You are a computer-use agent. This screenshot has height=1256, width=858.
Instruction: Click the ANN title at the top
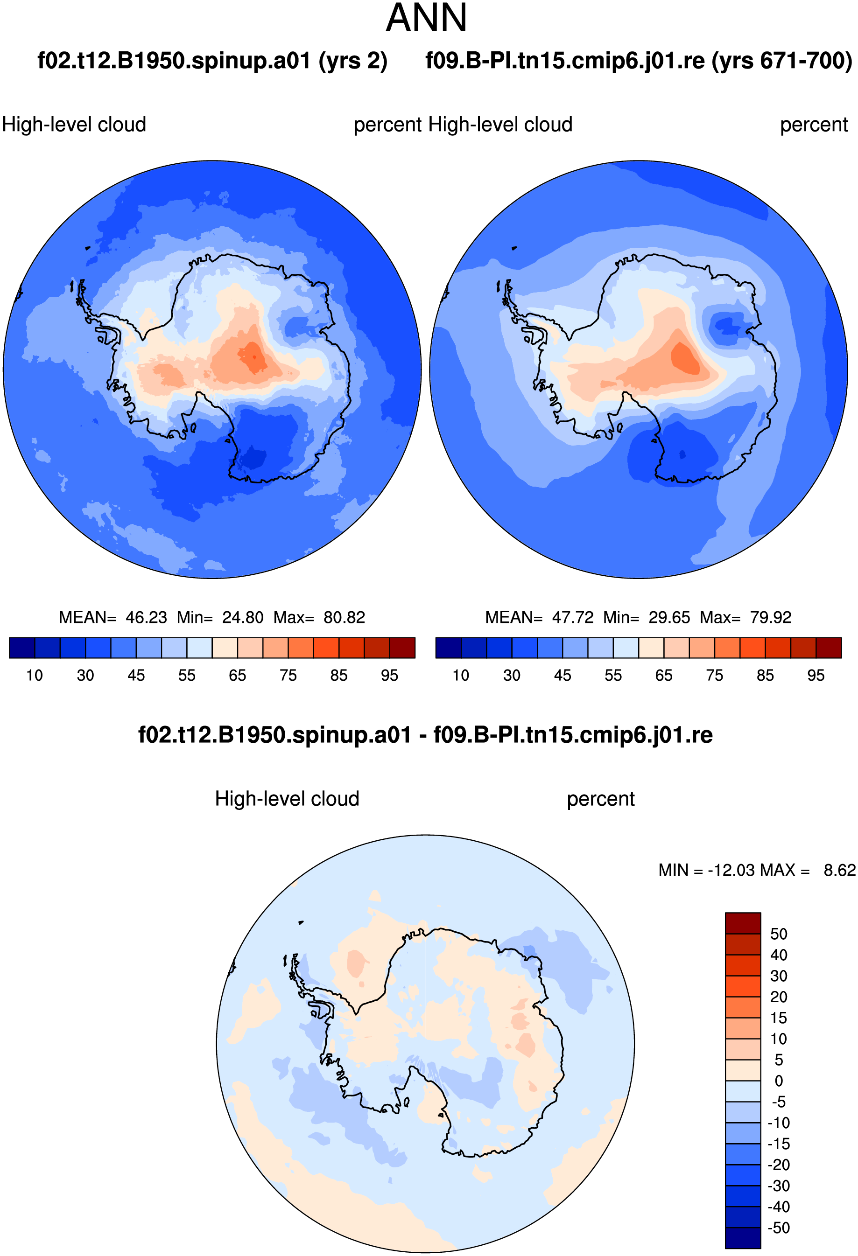426,18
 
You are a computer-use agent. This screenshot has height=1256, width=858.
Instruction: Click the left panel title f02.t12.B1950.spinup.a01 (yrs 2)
212,61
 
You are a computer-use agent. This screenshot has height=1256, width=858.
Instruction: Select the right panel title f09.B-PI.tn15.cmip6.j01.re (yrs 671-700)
639,61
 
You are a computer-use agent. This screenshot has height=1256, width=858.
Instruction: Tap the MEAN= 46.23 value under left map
113,617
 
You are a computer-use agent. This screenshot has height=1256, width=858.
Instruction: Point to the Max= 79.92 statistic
745,617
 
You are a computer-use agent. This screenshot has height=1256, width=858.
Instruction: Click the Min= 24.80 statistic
220,617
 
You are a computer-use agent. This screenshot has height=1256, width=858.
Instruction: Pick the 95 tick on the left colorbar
389,676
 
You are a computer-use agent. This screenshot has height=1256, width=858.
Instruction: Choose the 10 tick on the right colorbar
461,676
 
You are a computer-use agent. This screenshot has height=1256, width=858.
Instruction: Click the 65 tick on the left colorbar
237,676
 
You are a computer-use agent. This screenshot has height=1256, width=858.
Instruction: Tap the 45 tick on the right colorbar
562,676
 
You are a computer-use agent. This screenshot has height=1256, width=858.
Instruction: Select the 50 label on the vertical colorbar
779,934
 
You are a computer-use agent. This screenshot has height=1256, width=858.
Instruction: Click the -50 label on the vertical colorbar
779,1228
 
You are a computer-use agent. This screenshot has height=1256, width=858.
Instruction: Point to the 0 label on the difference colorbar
779,1081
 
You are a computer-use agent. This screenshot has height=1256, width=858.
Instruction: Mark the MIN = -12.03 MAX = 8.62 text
757,870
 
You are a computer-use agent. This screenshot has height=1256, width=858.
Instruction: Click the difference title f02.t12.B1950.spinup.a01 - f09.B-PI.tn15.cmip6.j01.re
425,735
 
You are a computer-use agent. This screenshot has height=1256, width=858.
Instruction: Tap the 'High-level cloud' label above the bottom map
287,799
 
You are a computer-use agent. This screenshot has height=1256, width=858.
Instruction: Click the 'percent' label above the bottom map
601,799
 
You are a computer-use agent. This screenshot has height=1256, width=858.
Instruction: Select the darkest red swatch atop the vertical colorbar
743,923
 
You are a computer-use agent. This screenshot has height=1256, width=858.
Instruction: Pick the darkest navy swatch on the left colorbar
22,648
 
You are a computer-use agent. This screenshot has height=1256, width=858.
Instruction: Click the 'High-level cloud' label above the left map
74,124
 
